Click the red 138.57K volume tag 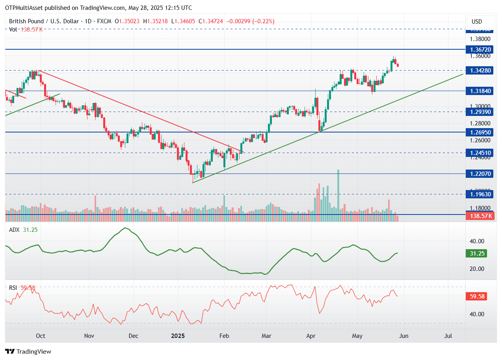pos(477,216)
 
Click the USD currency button pos(476,22)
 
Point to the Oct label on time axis pos(40,336)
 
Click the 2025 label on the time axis pos(178,336)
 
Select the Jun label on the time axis pos(403,336)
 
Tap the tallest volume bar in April pos(338,191)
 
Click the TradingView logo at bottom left pos(28,351)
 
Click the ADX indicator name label pos(14,230)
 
